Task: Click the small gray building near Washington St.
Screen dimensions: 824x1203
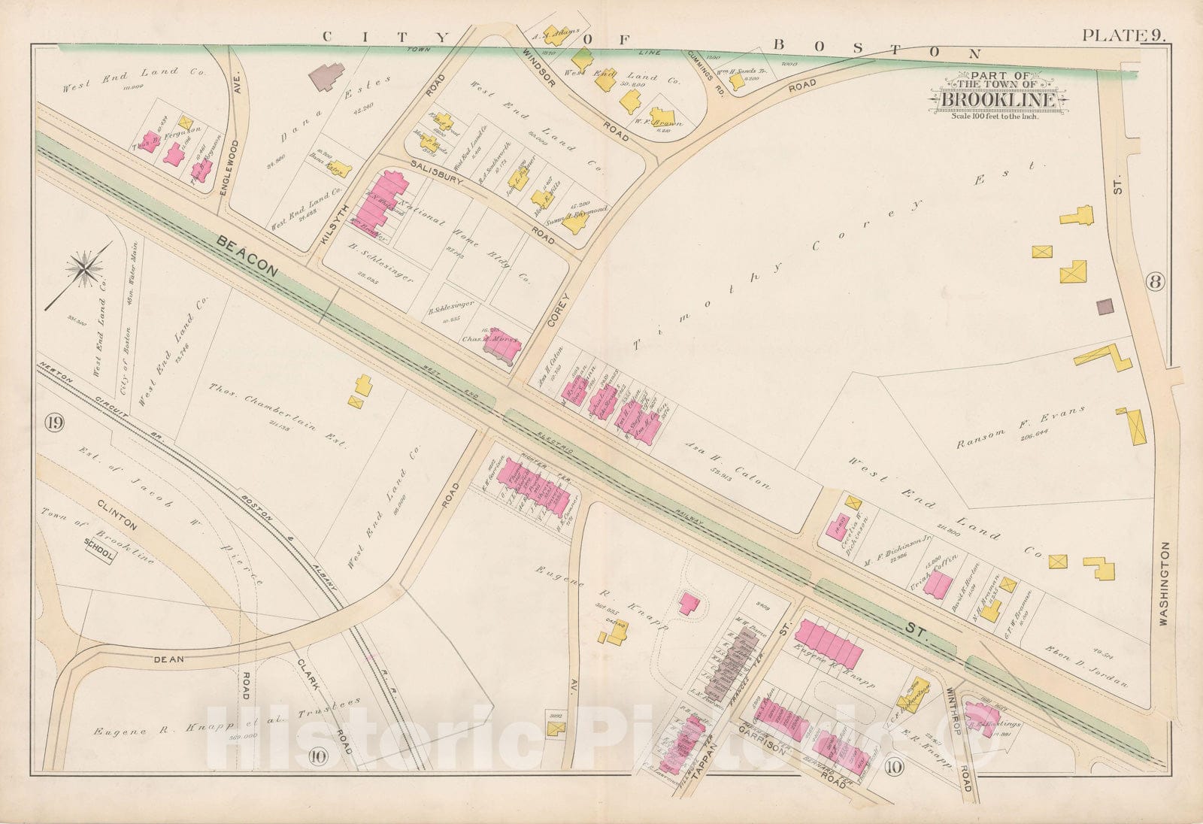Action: point(1105,306)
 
